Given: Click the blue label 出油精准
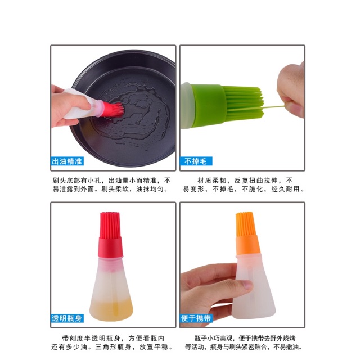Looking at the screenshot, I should (67, 161).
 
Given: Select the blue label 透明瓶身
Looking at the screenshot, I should (67, 318).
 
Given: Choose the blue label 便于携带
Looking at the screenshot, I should (196, 318).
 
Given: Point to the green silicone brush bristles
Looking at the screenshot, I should (236, 101).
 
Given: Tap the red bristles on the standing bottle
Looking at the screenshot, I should (109, 225).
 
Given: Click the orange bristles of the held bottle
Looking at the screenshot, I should (244, 224).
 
